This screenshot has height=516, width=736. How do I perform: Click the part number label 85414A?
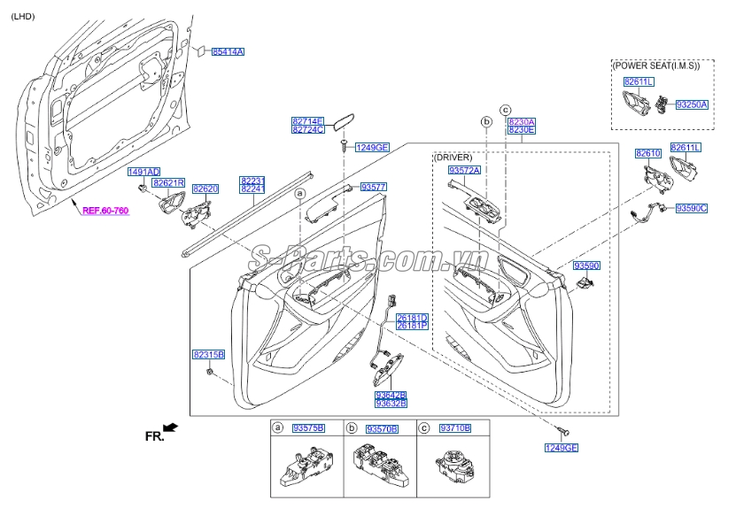(x=228, y=52)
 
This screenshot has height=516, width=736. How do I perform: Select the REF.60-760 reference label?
(x=105, y=212)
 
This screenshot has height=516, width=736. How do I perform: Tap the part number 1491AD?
(x=143, y=172)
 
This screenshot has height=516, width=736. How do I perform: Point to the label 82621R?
(x=167, y=183)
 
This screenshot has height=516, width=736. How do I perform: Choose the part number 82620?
(x=205, y=189)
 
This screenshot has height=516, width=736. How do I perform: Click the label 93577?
(x=374, y=187)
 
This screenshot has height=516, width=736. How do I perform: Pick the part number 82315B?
(x=208, y=354)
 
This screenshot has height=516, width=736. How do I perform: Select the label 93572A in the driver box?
(x=463, y=169)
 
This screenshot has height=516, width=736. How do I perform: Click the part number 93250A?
(x=692, y=104)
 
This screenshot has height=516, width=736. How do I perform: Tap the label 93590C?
(x=691, y=209)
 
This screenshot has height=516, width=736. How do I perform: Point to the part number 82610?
(x=647, y=154)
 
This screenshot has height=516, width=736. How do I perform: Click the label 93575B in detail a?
(x=309, y=428)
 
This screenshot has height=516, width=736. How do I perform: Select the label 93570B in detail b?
(x=382, y=428)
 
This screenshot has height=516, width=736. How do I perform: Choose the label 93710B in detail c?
(x=455, y=428)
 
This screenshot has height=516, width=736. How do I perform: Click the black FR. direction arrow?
(x=170, y=428)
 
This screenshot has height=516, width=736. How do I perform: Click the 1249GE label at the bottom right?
(x=561, y=448)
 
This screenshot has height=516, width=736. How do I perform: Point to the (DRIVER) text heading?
(x=453, y=157)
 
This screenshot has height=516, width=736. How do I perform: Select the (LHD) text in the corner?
(x=24, y=16)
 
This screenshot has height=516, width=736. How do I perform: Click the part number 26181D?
(x=412, y=318)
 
